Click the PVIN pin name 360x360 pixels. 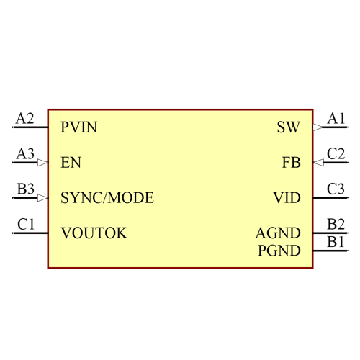[79, 128]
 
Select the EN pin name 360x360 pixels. [71, 163]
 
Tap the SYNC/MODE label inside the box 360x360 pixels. [107, 197]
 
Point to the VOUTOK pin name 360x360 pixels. [94, 233]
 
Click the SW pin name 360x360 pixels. [288, 128]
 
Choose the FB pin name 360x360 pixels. [291, 163]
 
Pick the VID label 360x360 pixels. [287, 197]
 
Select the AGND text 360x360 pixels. [278, 233]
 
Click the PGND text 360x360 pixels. [279, 251]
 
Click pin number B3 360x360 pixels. [26, 189]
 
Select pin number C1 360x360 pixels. [26, 224]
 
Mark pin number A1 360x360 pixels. [336, 118]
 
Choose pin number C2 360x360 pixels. [336, 153]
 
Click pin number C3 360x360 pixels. [336, 189]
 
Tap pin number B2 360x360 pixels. [336, 224]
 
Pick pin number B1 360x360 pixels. [336, 242]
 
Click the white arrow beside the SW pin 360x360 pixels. [318, 127]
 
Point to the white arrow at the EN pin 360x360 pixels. [43, 163]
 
